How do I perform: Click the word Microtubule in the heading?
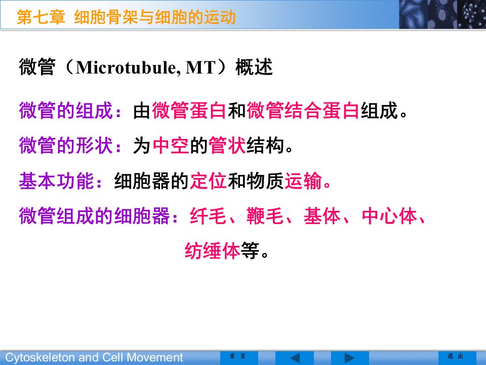point(127,67)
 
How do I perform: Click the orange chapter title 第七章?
point(41,17)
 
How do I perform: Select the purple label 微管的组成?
point(66,111)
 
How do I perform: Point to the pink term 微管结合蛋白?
point(303,111)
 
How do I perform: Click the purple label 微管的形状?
point(66,145)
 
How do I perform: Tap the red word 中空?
point(171,145)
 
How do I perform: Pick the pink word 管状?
point(227,145)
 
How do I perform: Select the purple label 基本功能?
point(56,181)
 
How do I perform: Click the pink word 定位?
point(208,181)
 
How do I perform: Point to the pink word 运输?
point(303,181)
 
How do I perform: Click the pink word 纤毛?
point(208,216)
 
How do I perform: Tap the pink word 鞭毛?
point(265,216)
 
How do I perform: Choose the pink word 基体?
point(322,216)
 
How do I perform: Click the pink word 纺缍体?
point(212,251)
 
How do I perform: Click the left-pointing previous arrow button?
point(295,358)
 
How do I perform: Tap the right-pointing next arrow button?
point(350,358)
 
